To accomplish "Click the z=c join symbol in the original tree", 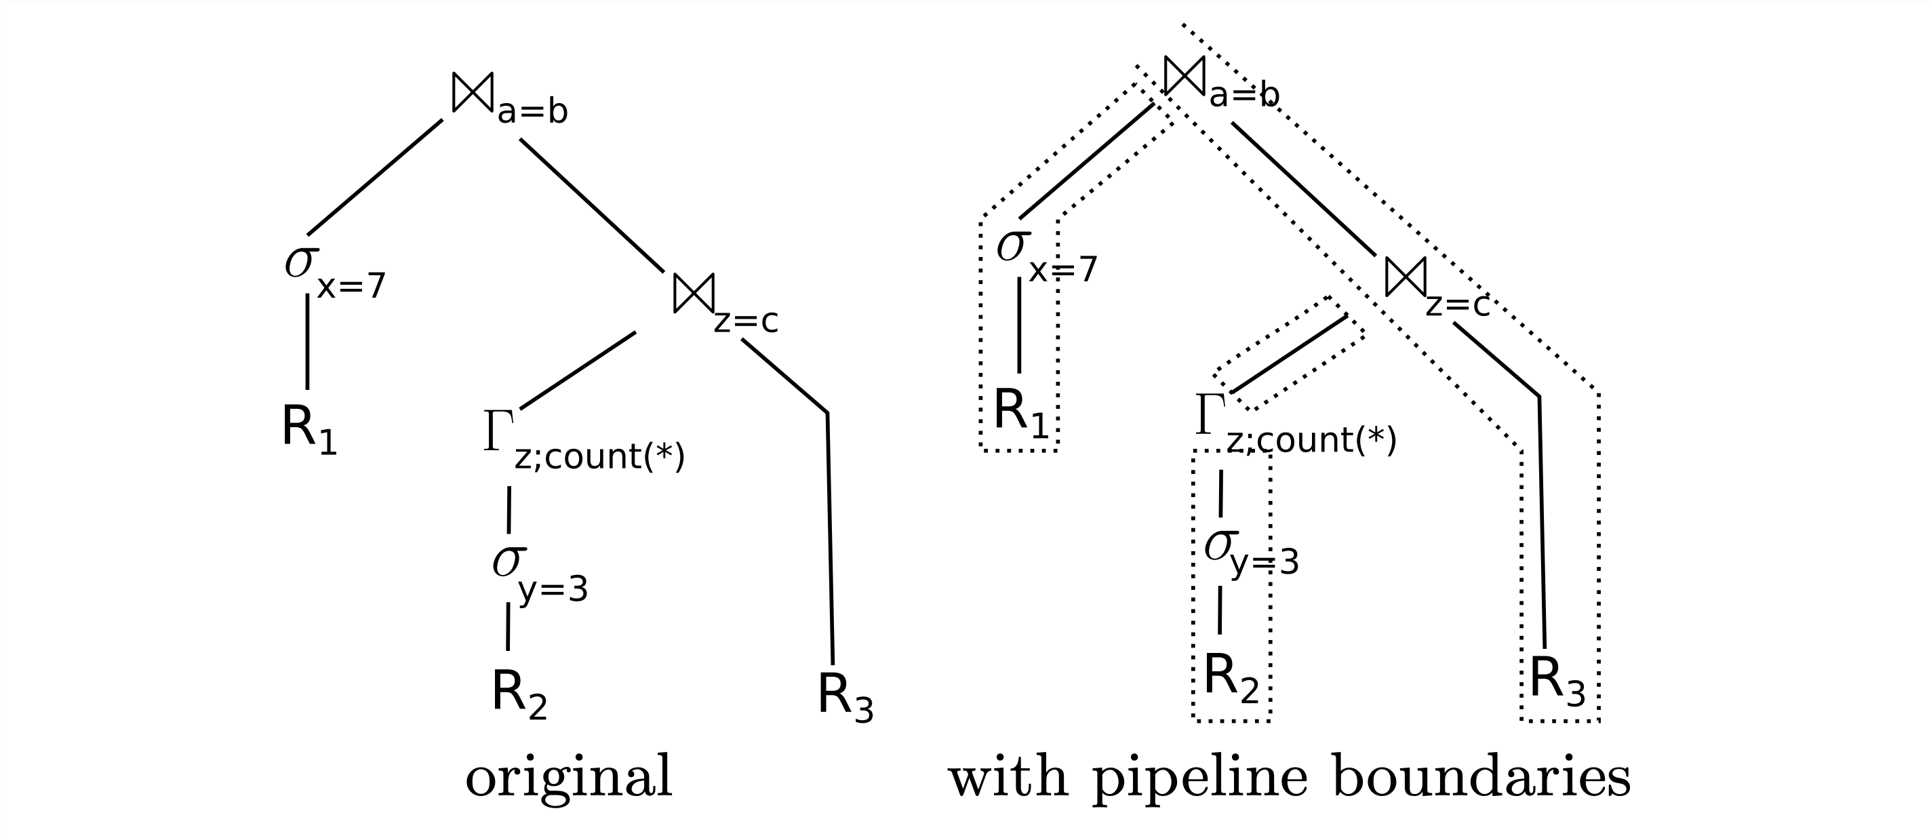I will (694, 294).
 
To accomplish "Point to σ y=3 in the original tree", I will (509, 562).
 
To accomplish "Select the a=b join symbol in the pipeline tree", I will (1185, 76).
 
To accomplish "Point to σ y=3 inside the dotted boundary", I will (1220, 547).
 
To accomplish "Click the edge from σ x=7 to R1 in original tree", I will (307, 342).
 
